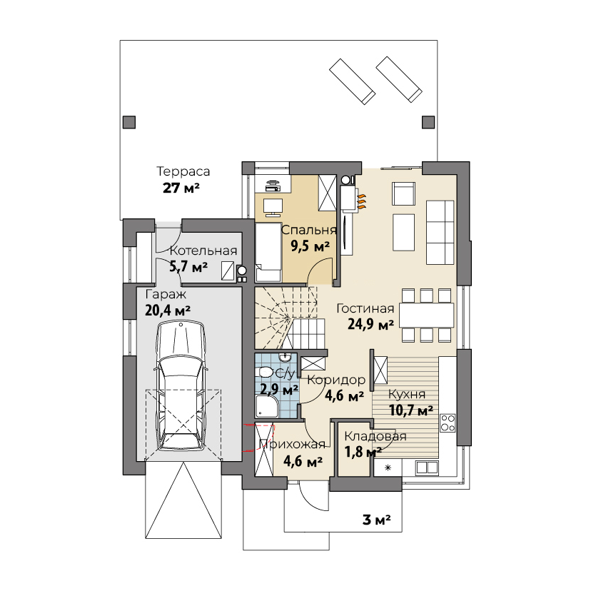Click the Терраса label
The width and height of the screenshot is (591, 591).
(x=183, y=171)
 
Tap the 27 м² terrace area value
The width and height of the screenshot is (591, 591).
(x=181, y=188)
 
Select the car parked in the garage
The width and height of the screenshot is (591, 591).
(x=181, y=385)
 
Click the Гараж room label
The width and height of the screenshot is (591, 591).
(x=166, y=294)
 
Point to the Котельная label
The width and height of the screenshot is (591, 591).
(x=203, y=251)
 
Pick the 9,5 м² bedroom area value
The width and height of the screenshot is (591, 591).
(x=310, y=246)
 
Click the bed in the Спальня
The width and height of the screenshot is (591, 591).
(x=268, y=252)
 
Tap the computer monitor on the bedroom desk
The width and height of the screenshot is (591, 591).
(x=273, y=207)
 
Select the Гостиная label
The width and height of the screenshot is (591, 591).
(x=365, y=308)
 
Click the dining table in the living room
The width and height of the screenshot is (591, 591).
(x=426, y=315)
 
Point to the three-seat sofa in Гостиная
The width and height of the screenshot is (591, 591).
(x=440, y=232)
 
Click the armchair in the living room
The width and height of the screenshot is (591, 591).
(x=403, y=193)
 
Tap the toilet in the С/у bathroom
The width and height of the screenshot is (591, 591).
(x=266, y=373)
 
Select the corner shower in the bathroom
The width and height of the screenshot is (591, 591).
(x=267, y=406)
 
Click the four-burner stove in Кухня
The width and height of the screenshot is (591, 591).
(x=448, y=423)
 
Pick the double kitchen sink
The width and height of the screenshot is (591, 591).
(x=427, y=468)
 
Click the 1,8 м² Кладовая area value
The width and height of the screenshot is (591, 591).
(x=363, y=452)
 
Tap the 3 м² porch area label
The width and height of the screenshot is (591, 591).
(x=377, y=520)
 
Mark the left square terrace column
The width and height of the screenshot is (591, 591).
(x=129, y=122)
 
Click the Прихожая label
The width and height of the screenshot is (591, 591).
(x=293, y=445)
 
